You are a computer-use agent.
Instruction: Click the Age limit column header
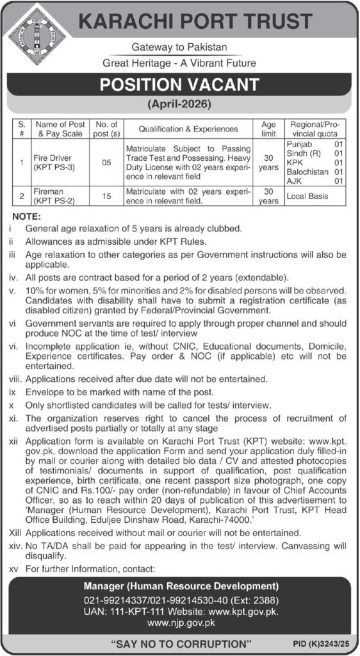[x=268, y=129]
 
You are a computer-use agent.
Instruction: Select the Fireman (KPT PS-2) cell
[x=53, y=196]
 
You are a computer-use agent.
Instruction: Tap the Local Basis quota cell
[x=309, y=196]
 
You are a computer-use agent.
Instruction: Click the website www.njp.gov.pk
[x=180, y=621]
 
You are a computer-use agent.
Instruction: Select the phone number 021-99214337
[x=113, y=600]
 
